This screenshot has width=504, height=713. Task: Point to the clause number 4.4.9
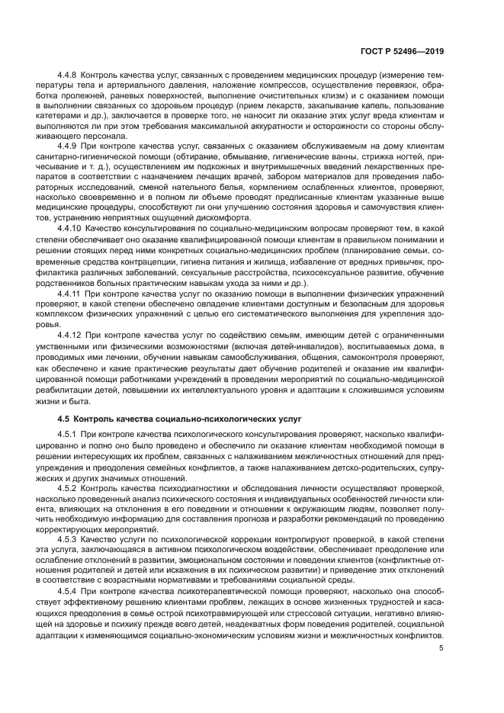69,146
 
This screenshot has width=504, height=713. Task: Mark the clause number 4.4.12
72,334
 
